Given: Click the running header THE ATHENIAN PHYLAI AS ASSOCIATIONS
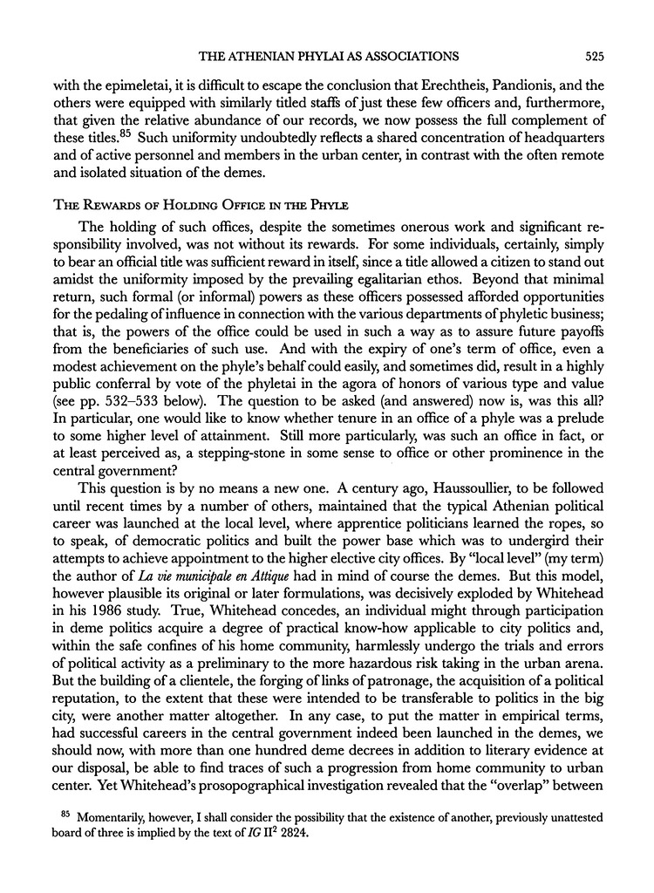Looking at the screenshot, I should click(x=330, y=58).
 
